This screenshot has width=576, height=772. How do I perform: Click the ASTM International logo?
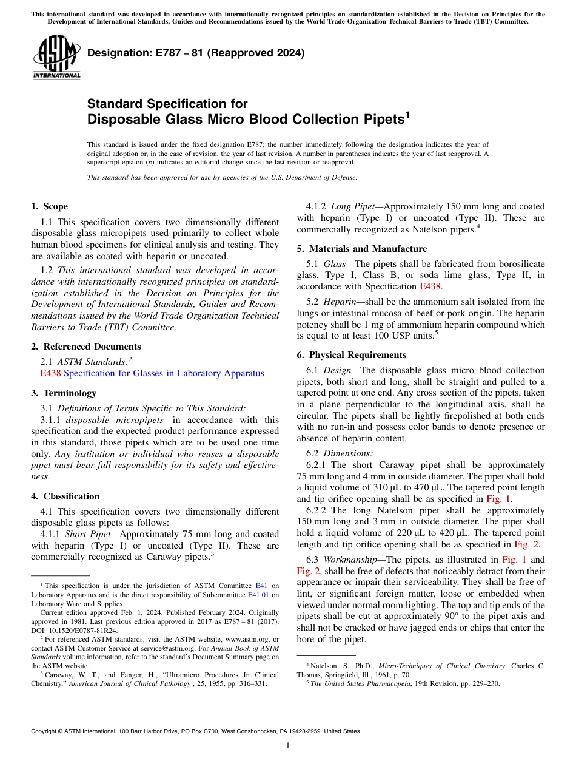56,57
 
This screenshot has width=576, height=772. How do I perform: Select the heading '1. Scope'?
49,206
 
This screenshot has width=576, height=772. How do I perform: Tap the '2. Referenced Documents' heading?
85,347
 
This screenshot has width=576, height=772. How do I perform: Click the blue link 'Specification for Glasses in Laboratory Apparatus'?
164,373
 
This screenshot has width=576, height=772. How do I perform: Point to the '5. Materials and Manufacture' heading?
361,249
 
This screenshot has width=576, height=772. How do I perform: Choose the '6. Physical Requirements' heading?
352,355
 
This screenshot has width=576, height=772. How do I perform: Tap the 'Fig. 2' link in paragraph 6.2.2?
526,544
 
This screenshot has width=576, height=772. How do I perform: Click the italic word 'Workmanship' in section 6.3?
350,560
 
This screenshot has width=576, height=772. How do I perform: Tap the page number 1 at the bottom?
288,746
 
